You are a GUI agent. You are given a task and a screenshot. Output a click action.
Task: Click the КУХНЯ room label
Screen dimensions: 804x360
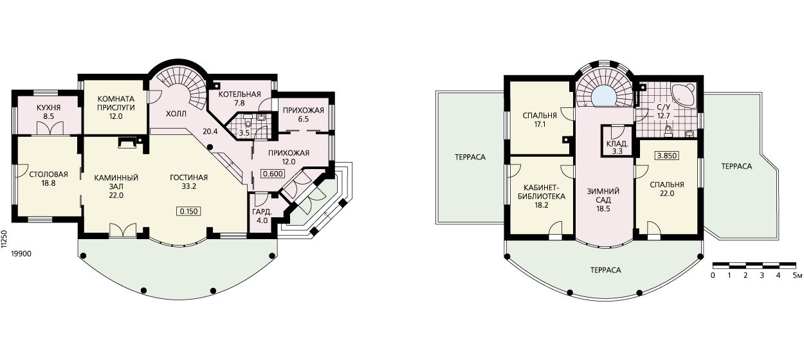[48, 107]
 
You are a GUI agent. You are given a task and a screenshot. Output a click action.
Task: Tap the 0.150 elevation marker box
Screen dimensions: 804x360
[189, 212]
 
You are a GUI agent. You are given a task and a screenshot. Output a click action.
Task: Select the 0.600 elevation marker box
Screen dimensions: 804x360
[273, 174]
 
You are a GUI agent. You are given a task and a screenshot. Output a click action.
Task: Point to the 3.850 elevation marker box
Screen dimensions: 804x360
[666, 156]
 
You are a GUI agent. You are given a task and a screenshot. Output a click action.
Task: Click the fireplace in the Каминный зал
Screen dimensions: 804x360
[127, 143]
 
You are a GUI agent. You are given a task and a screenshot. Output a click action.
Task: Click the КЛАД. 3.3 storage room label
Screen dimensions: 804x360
[617, 147]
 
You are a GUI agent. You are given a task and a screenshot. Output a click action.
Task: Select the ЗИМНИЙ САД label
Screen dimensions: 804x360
[603, 196]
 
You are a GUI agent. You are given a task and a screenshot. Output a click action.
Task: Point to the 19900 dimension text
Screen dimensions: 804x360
[21, 254]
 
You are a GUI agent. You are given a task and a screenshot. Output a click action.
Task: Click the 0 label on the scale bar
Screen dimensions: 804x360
[713, 275]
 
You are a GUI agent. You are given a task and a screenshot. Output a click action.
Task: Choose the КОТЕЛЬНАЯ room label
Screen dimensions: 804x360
[239, 94]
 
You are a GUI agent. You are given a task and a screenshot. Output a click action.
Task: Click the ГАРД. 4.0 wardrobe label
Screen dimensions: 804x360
[262, 216]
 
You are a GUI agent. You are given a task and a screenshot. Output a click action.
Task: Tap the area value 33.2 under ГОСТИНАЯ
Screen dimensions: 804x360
[189, 186]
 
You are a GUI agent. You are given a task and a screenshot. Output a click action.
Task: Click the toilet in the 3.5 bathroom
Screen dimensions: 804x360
[248, 123]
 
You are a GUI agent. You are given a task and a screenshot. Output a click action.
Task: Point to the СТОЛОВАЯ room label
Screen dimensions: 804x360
[48, 175]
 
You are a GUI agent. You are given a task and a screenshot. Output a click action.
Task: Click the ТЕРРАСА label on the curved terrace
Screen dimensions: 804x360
[605, 270]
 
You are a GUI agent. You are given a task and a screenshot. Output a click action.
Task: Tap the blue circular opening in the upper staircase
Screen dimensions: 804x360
[605, 96]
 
